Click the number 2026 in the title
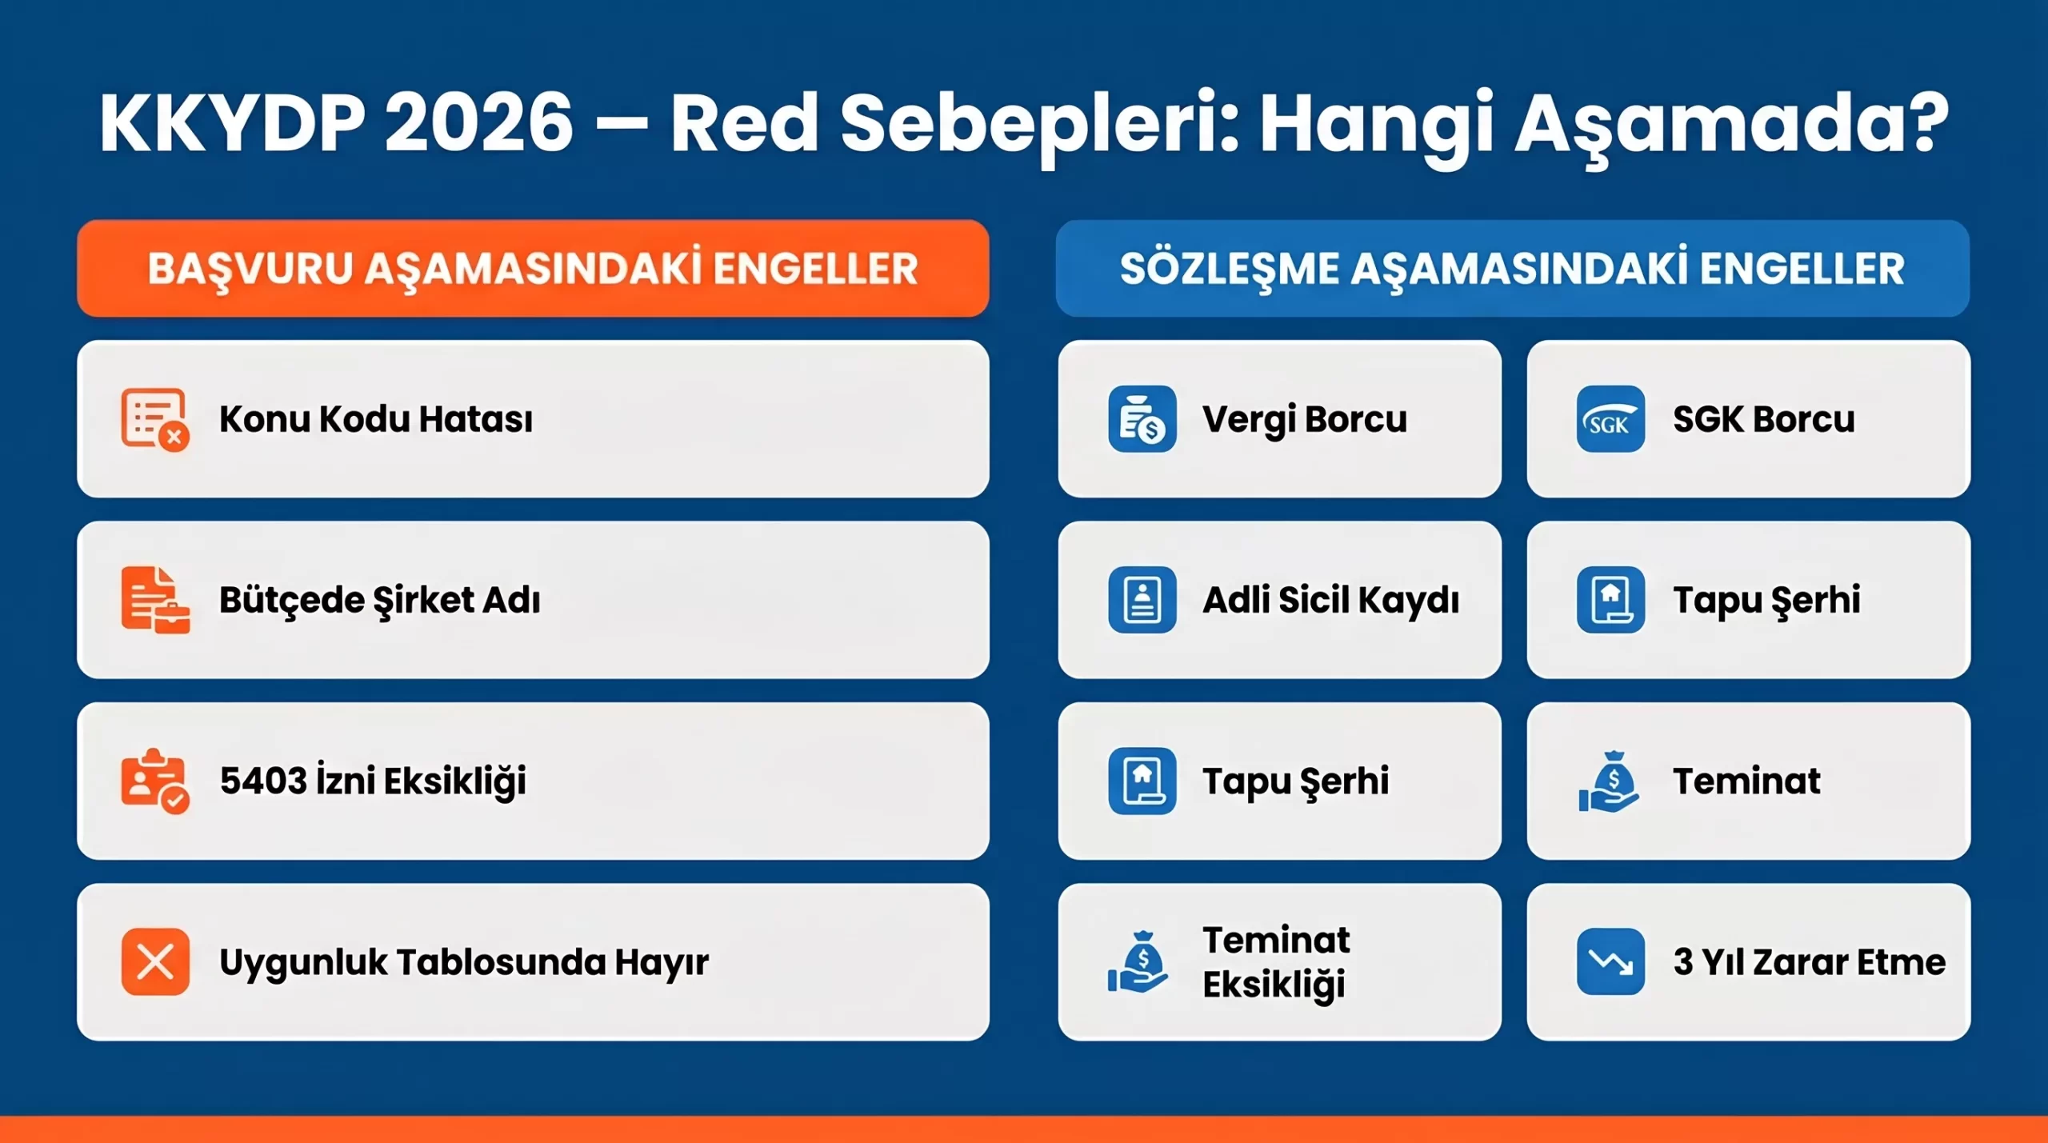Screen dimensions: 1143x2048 point(478,124)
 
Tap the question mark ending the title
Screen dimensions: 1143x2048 point(1925,124)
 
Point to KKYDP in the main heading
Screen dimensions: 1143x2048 point(232,124)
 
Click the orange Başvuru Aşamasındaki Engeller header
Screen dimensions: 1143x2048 point(533,269)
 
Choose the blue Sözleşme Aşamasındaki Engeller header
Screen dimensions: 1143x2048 point(1512,269)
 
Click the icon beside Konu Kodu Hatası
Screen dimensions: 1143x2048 point(155,419)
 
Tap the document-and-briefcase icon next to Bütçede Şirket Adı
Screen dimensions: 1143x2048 point(155,600)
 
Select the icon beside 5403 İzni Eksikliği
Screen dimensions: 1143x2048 point(155,781)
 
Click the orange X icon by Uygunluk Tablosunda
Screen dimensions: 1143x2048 point(155,961)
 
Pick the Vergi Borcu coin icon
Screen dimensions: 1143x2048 point(1142,419)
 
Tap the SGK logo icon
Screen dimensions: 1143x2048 point(1610,419)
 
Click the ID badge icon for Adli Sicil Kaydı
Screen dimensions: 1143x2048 point(1142,600)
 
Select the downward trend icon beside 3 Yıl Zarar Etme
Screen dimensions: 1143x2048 point(1610,961)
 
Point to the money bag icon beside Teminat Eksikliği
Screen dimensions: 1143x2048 point(1138,961)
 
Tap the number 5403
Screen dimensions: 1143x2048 point(263,781)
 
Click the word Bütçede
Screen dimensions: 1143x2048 point(292,600)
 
